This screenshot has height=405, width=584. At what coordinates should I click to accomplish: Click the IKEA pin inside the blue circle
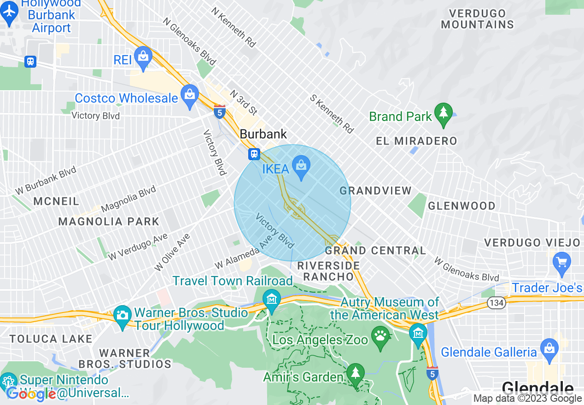302,167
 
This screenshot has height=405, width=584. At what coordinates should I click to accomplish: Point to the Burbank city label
263,134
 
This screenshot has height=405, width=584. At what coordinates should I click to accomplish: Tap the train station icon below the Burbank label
254,154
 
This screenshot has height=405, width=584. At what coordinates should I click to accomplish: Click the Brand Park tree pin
443,113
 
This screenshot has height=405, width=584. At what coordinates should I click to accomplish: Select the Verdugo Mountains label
477,19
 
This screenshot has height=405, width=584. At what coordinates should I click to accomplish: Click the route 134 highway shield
498,303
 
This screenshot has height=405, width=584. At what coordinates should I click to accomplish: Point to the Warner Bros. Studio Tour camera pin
122,316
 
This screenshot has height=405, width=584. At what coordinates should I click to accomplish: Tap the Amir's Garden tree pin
355,374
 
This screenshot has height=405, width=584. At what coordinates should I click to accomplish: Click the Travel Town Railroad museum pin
272,300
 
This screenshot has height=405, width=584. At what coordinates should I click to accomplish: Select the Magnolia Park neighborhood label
109,221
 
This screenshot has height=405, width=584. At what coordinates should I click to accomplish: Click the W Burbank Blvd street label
46,179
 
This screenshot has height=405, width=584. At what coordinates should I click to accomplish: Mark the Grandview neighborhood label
375,191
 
